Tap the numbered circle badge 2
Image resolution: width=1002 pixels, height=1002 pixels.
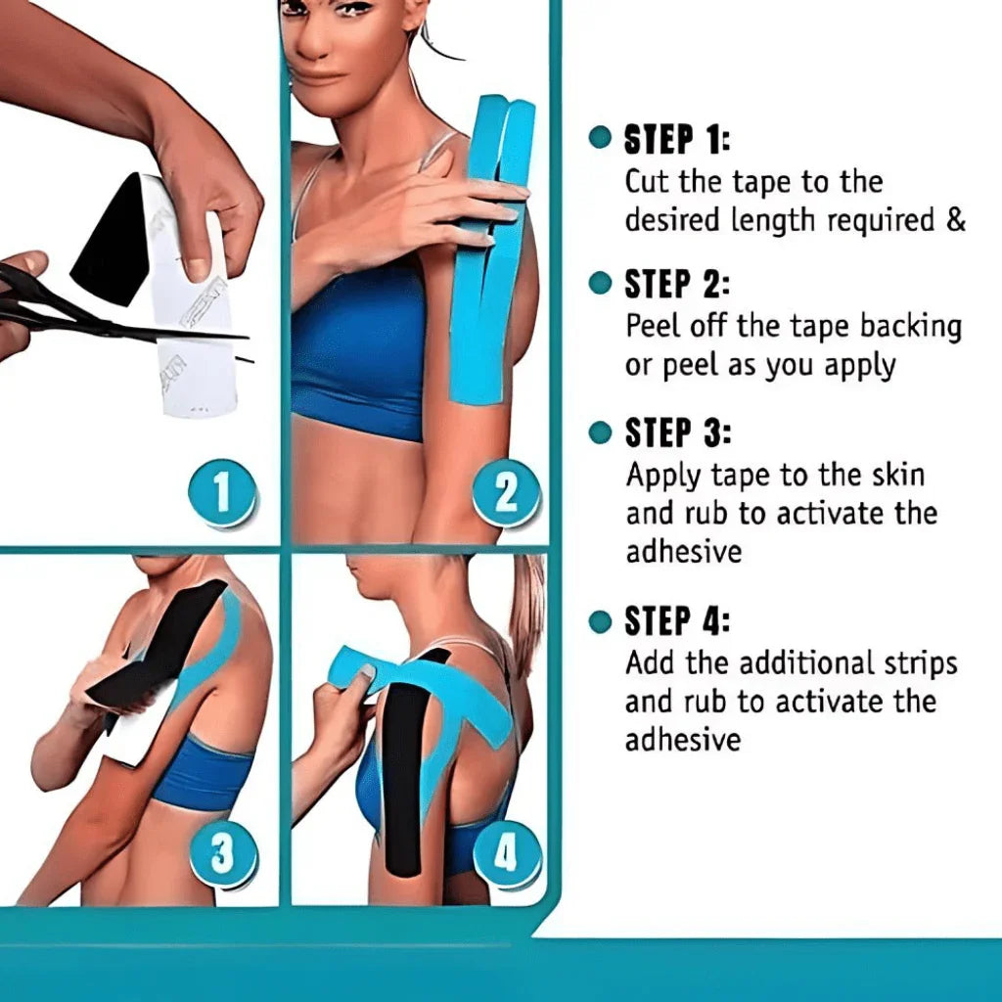506,493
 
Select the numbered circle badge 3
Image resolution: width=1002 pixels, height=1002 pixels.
222,854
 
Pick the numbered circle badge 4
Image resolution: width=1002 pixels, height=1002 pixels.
506,854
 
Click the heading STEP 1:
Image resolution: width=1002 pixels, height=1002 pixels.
676,140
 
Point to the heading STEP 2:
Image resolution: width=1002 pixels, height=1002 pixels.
676,285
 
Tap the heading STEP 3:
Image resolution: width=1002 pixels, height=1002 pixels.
677,433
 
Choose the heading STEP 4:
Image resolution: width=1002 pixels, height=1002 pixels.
677,621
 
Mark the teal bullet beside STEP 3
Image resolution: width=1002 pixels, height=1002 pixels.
600,432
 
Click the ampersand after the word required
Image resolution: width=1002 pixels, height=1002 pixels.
955,220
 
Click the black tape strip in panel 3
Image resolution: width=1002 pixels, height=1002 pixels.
156,646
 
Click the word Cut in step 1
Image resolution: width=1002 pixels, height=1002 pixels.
647,182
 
